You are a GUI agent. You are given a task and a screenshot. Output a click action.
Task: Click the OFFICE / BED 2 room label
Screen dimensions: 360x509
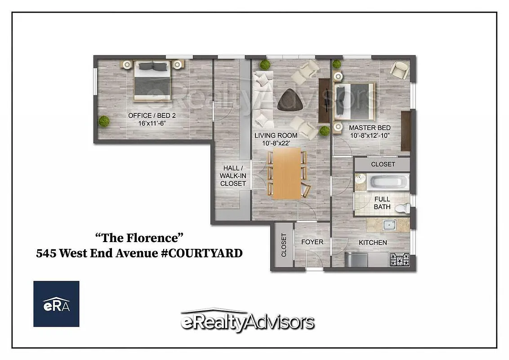(152, 116)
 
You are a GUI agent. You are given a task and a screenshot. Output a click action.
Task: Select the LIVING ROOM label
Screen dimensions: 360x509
(276, 135)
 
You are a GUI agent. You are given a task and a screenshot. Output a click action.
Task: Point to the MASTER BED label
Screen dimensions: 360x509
(370, 128)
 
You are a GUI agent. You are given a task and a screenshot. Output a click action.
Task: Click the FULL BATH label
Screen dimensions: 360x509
(382, 203)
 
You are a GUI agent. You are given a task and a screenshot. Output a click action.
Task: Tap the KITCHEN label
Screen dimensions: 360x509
(373, 243)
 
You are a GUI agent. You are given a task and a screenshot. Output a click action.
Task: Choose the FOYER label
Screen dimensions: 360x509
(312, 242)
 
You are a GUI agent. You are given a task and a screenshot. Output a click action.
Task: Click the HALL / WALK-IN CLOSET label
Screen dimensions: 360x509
(233, 175)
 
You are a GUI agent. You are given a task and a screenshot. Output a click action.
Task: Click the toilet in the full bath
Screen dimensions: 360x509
(403, 208)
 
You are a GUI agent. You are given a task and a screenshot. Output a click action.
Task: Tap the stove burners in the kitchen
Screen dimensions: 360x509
(399, 260)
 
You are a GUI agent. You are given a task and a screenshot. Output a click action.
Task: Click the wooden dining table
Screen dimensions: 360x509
(286, 174)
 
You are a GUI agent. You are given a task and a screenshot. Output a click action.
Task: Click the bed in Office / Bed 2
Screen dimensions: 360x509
(152, 81)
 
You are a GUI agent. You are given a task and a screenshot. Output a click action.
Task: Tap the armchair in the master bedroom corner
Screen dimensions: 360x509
(399, 69)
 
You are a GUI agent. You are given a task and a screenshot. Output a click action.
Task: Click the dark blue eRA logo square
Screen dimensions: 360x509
(56, 304)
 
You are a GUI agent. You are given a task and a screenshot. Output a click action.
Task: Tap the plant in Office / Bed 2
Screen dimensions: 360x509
(104, 121)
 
